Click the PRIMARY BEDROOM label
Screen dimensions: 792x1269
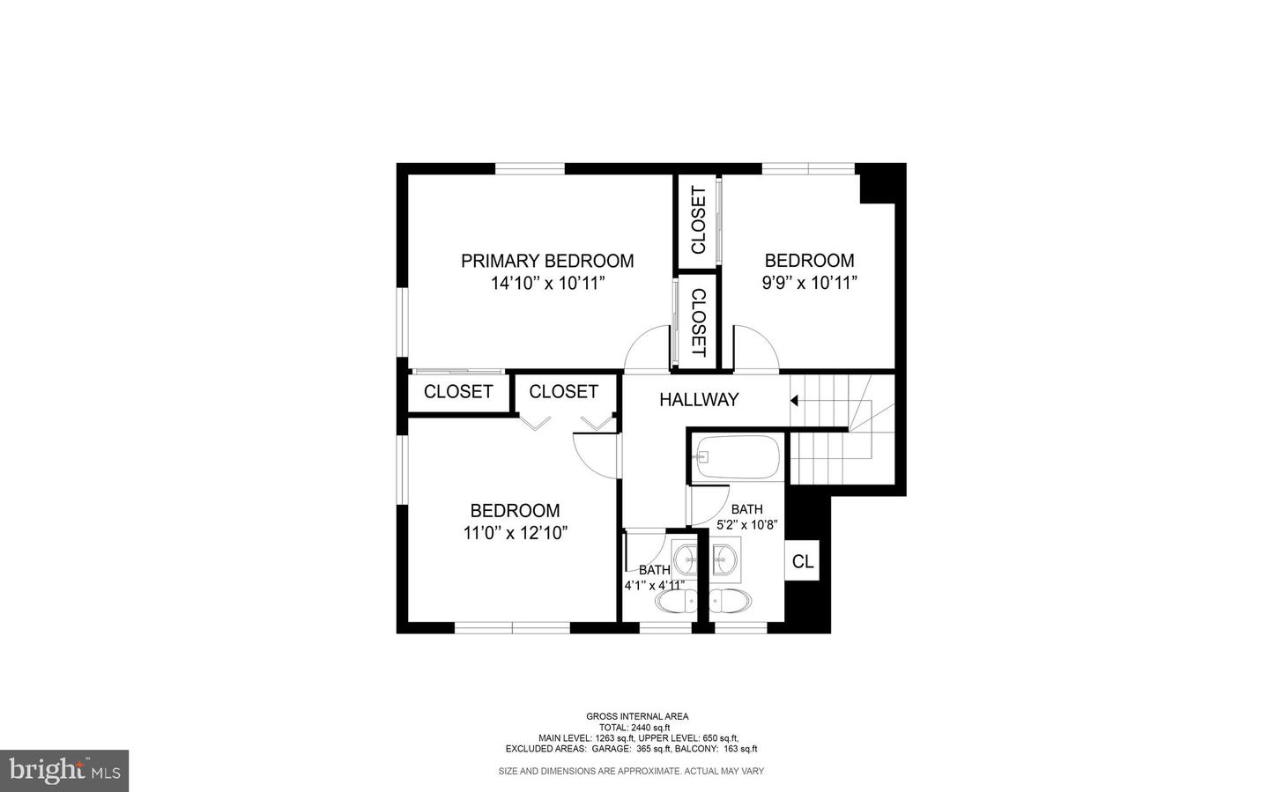[547, 261]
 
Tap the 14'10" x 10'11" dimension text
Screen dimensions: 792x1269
[547, 284]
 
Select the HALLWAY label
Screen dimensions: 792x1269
[699, 400]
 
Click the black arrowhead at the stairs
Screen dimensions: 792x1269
[794, 401]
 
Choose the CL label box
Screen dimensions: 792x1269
[802, 562]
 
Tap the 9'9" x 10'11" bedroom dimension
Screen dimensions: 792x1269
[809, 284]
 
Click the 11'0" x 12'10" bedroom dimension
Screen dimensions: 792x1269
[515, 533]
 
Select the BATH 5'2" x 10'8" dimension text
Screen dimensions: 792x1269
[746, 525]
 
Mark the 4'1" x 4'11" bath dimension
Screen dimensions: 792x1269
[654, 585]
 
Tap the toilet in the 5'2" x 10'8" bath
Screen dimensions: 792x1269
[731, 602]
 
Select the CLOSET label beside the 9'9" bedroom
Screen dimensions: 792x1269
[698, 220]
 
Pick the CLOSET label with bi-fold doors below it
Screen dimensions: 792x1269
[563, 392]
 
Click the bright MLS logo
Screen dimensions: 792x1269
[64, 771]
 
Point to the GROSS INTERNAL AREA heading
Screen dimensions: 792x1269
[637, 716]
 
